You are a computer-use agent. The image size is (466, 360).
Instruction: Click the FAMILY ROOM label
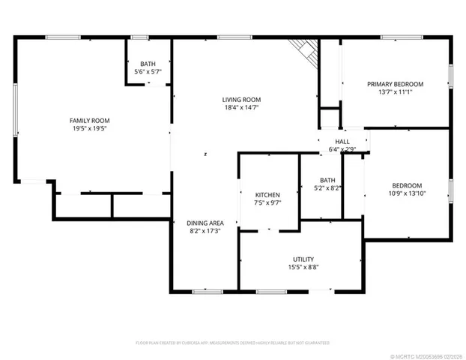89,120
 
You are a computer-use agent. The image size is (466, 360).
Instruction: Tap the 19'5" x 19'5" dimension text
89,129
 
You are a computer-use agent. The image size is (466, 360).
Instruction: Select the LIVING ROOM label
241,100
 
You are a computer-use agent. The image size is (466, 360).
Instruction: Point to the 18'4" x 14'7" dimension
241,109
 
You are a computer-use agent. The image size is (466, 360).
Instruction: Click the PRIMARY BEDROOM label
395,83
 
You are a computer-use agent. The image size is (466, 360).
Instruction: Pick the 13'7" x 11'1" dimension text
395,92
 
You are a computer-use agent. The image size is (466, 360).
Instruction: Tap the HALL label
342,141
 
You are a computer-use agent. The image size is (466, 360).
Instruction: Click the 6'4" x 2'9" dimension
342,149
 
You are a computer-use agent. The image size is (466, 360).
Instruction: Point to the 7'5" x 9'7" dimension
267,202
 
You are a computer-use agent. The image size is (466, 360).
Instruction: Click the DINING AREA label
205,222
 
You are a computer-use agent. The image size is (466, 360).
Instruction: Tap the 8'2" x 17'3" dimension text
205,231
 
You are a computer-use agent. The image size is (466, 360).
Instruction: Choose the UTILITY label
303,259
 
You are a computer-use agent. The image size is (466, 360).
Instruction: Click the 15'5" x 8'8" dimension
303,268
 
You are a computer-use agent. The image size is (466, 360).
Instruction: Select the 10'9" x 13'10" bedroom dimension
407,194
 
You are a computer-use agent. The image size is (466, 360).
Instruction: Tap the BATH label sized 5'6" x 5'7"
148,63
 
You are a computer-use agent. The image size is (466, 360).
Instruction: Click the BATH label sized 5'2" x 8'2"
327,180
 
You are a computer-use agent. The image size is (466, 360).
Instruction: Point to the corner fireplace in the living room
305,48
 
